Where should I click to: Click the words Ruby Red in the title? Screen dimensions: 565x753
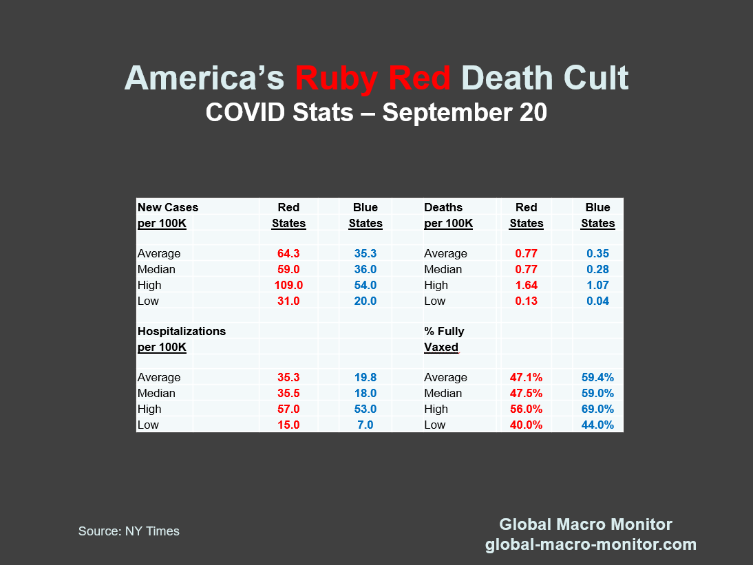tap(372, 78)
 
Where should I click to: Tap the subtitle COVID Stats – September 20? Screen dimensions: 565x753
tap(376, 112)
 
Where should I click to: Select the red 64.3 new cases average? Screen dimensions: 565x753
tap(288, 253)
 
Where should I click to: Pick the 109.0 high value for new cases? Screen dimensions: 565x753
tap(288, 285)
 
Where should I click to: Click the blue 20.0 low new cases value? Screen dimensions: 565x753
tap(365, 301)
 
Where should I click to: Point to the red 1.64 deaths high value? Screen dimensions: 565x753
tap(526, 285)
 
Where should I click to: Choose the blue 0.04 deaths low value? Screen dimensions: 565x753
tap(597, 301)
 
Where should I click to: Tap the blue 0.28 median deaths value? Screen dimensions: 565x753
tap(597, 269)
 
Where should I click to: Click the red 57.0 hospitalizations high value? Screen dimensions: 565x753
tap(288, 409)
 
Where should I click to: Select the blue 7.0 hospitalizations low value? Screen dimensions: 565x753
tap(365, 425)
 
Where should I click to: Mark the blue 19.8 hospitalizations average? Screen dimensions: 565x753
tap(365, 377)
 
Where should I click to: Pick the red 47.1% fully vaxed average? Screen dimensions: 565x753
tap(526, 377)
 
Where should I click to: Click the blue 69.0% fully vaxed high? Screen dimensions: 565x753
tap(597, 409)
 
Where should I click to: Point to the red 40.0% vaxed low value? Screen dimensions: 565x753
tap(526, 425)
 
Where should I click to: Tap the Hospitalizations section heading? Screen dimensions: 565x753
tap(182, 331)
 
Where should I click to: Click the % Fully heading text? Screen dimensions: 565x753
tap(444, 331)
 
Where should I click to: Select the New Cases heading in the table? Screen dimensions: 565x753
tap(168, 207)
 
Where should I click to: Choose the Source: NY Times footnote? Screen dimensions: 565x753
tap(129, 531)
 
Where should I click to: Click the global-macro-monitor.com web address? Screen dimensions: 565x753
tap(591, 545)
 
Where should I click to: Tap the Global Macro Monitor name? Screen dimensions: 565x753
tap(585, 524)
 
